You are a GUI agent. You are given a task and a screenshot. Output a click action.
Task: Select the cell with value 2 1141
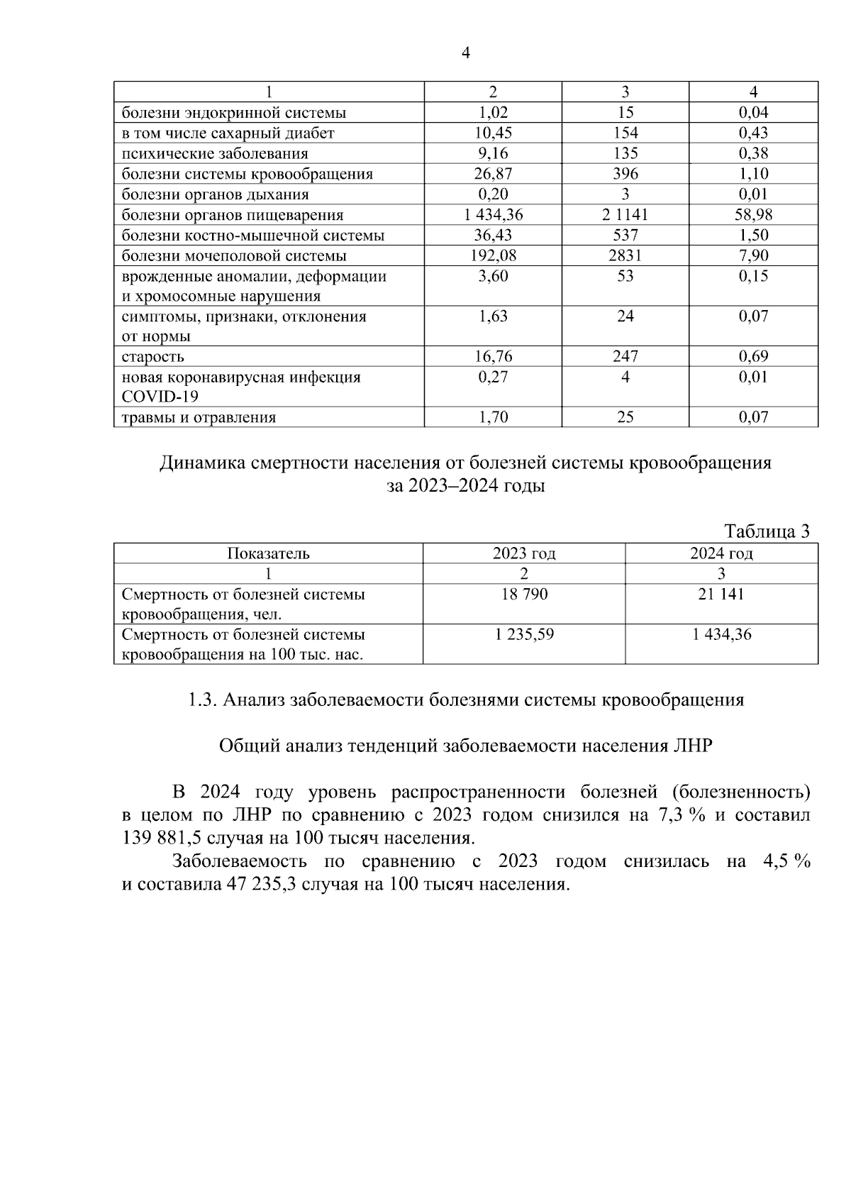pyautogui.click(x=625, y=214)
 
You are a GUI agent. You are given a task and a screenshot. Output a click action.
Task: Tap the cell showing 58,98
pyautogui.click(x=753, y=214)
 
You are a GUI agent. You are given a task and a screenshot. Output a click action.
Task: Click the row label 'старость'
pyautogui.click(x=152, y=357)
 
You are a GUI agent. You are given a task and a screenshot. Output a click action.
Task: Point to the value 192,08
pyautogui.click(x=493, y=255)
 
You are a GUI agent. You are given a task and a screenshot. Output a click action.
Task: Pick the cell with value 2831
pyautogui.click(x=625, y=255)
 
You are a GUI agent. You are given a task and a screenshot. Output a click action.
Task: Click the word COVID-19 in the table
pyautogui.click(x=160, y=397)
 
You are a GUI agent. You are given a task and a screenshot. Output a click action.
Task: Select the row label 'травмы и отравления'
pyautogui.click(x=199, y=417)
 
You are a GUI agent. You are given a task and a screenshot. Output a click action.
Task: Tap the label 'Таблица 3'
pyautogui.click(x=766, y=531)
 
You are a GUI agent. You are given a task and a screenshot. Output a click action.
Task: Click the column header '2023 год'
pyautogui.click(x=524, y=553)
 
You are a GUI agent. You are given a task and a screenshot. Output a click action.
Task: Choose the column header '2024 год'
pyautogui.click(x=721, y=553)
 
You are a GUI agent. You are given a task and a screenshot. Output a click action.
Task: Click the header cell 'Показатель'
pyautogui.click(x=268, y=553)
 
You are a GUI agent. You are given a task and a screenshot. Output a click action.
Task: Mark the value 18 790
pyautogui.click(x=524, y=594)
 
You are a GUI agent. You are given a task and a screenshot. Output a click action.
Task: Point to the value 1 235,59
pyautogui.click(x=524, y=634)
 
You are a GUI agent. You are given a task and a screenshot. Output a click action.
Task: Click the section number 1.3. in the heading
pyautogui.click(x=202, y=700)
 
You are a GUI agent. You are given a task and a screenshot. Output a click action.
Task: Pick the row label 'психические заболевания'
pyautogui.click(x=215, y=153)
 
